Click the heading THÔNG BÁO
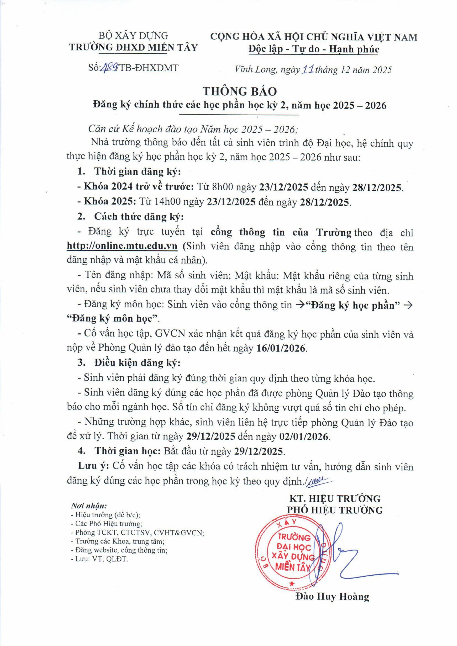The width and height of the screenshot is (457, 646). coord(240,91)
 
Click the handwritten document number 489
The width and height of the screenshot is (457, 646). coord(111,68)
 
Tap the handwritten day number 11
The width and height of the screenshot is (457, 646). coord(308,69)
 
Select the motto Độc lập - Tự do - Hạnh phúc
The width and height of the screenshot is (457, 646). coord(314,49)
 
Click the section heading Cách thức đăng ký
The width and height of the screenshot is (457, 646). coord(139,217)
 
